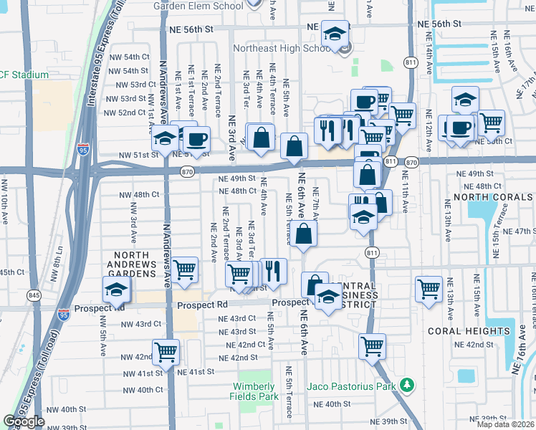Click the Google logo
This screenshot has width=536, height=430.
point(24,421)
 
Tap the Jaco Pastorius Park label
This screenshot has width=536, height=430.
point(351,386)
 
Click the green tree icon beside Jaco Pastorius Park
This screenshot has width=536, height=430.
point(407,386)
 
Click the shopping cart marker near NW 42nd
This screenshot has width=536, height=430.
point(166,353)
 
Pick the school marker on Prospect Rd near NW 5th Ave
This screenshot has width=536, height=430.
point(116,290)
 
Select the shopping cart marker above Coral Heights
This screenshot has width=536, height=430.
point(429,290)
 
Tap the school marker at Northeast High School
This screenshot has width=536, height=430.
point(335,33)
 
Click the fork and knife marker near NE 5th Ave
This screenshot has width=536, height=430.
point(273,271)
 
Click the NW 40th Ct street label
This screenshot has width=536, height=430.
point(141,390)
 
